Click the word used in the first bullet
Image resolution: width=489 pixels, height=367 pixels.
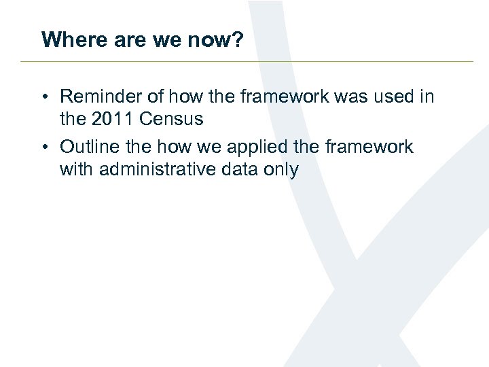point(395,97)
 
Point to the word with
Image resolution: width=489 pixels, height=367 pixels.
point(77,169)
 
